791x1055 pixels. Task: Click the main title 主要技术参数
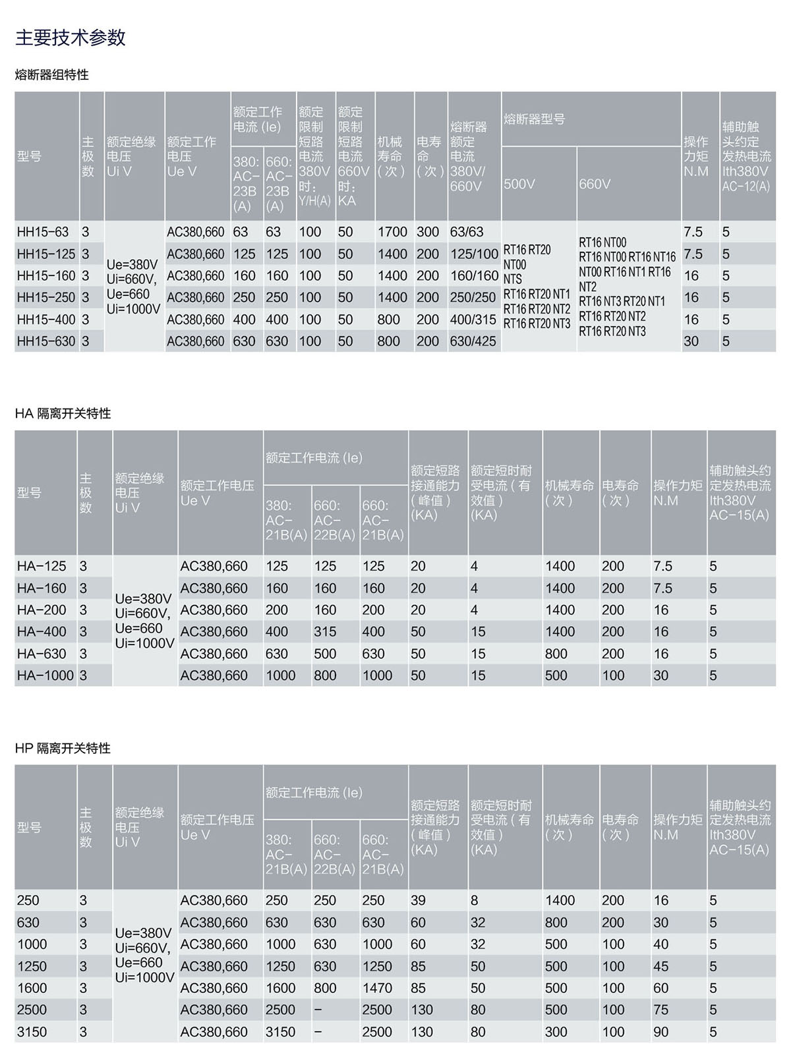pos(70,38)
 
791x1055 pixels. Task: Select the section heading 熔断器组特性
pos(51,75)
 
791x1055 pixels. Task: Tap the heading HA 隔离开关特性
pos(63,414)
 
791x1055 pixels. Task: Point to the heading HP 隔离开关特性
pos(63,749)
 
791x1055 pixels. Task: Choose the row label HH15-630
pos(45,341)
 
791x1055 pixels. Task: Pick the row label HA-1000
pos(45,675)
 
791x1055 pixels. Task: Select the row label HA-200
pos(42,610)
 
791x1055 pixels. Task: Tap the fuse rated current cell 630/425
pos(473,341)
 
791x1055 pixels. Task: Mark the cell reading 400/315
pos(473,320)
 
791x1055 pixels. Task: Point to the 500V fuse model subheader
pos(519,185)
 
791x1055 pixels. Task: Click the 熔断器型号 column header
pos(534,119)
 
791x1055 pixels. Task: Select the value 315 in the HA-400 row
pos(325,632)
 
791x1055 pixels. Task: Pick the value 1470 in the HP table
pos(377,988)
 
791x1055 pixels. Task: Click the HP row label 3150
pos(32,1032)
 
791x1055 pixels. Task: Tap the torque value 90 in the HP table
pos(660,1032)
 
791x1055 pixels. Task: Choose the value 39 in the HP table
pos(418,901)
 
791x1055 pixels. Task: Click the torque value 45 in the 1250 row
pos(660,967)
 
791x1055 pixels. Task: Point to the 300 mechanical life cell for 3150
pos(556,1032)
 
